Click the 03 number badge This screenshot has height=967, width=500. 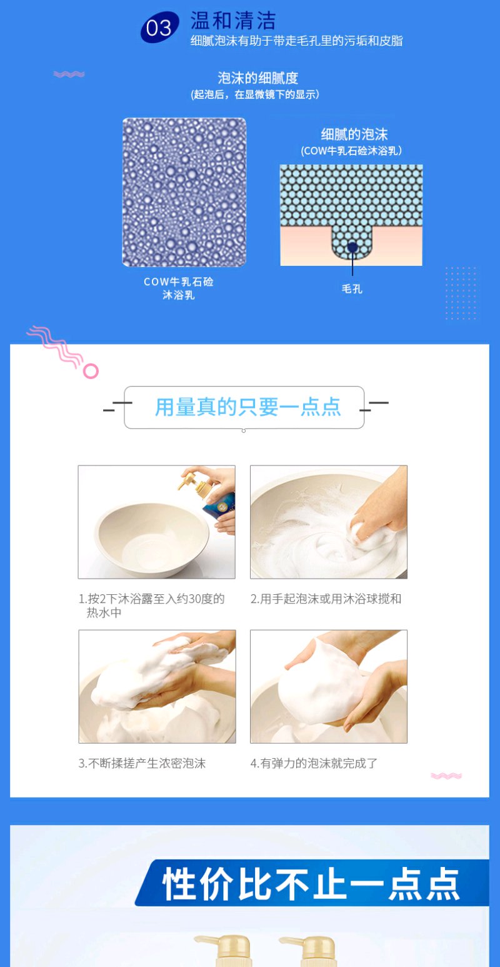(x=159, y=28)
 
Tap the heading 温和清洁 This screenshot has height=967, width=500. (x=233, y=20)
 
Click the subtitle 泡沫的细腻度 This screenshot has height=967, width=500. (x=257, y=78)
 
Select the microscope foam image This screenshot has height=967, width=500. (x=184, y=192)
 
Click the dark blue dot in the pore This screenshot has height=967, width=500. (x=352, y=247)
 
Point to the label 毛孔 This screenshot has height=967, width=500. (x=352, y=289)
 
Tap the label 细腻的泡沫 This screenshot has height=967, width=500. (x=354, y=134)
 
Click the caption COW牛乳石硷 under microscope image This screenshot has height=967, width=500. (x=179, y=281)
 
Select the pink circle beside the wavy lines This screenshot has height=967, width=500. (x=91, y=371)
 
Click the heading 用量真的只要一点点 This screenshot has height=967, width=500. (x=248, y=407)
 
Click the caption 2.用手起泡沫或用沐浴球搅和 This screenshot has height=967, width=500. (x=326, y=599)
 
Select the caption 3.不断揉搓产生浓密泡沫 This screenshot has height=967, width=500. (x=142, y=763)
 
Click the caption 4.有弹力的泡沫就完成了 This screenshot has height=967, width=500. (x=314, y=763)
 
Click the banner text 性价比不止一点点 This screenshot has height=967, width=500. (x=311, y=884)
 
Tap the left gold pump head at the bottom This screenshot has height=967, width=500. (x=222, y=949)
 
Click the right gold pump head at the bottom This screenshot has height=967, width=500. (x=307, y=949)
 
